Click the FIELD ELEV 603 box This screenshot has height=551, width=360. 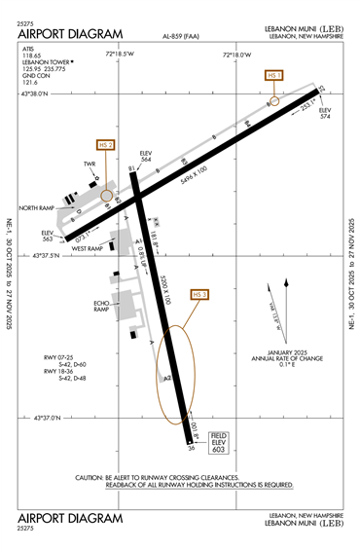[220, 443]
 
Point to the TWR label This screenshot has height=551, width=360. [90, 165]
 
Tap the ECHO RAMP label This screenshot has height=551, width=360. [100, 307]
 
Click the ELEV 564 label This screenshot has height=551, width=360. [147, 156]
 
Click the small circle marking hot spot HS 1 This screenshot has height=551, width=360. [274, 100]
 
